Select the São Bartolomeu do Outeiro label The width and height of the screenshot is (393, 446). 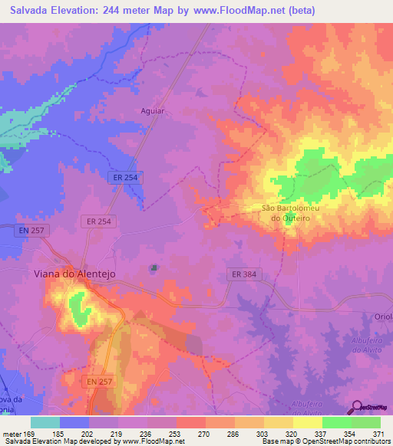point(289,212)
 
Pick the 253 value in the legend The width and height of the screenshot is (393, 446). point(177,433)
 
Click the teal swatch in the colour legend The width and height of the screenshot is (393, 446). point(45,422)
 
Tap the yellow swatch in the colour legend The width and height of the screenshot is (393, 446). point(307,422)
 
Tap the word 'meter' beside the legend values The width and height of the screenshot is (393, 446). point(11,433)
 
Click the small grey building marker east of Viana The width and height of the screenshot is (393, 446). point(154,267)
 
